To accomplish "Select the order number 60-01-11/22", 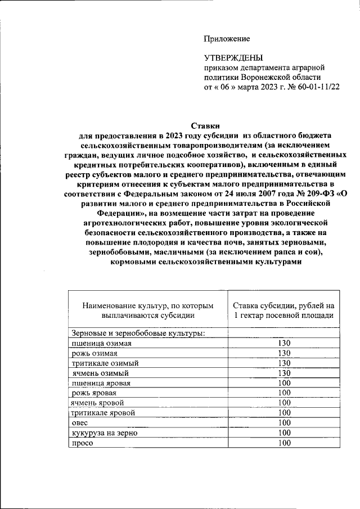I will tap(316, 87).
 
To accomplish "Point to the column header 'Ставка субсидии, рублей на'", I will tap(283, 305).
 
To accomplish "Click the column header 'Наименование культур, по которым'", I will tap(148, 305).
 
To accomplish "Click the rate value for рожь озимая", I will tap(283, 353).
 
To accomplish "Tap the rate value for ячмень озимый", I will tap(283, 373).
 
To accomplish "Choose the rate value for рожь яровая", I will tap(283, 393).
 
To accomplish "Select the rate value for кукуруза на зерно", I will tap(283, 433).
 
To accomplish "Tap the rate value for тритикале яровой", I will tap(283, 413).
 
